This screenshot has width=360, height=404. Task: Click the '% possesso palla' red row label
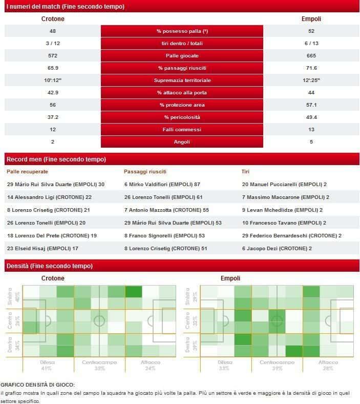[x=182, y=31]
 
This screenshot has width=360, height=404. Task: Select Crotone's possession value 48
[x=53, y=31]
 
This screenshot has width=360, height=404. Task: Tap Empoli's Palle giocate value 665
[x=311, y=56]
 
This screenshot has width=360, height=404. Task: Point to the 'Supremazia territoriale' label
[x=182, y=80]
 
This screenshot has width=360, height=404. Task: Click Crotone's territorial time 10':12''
[x=53, y=80]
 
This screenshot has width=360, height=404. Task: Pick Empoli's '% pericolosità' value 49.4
[x=311, y=117]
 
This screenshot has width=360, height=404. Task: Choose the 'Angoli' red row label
[x=182, y=142]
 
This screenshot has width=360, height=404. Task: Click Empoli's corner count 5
[x=311, y=142]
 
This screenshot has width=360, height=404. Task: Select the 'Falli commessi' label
[x=182, y=129]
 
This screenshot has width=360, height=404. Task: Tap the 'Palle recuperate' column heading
[x=27, y=172]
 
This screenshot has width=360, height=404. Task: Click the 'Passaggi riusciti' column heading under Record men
[x=145, y=172]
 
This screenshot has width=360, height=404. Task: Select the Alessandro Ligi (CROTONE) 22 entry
[x=49, y=197]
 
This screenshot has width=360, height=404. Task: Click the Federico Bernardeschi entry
[x=291, y=236]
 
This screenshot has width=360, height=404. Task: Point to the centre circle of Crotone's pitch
[x=99, y=321]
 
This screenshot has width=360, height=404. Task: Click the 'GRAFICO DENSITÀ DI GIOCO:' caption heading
[x=37, y=384]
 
